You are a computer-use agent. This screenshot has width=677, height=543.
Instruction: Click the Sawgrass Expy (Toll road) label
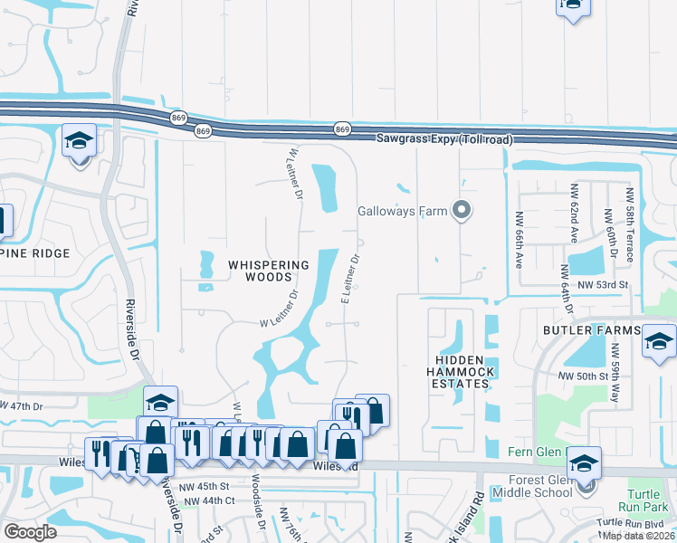click(443, 139)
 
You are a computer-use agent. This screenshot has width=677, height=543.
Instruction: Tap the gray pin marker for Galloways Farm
click(462, 212)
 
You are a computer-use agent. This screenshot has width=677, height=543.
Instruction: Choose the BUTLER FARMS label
click(591, 331)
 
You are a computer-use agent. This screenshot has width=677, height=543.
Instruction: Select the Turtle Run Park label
click(648, 501)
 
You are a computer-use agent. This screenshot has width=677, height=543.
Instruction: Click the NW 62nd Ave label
click(574, 214)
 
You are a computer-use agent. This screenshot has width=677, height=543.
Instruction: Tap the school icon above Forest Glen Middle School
click(585, 463)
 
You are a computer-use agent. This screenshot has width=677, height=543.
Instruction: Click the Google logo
click(30, 532)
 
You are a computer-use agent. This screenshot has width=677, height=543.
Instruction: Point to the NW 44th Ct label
click(207, 500)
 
